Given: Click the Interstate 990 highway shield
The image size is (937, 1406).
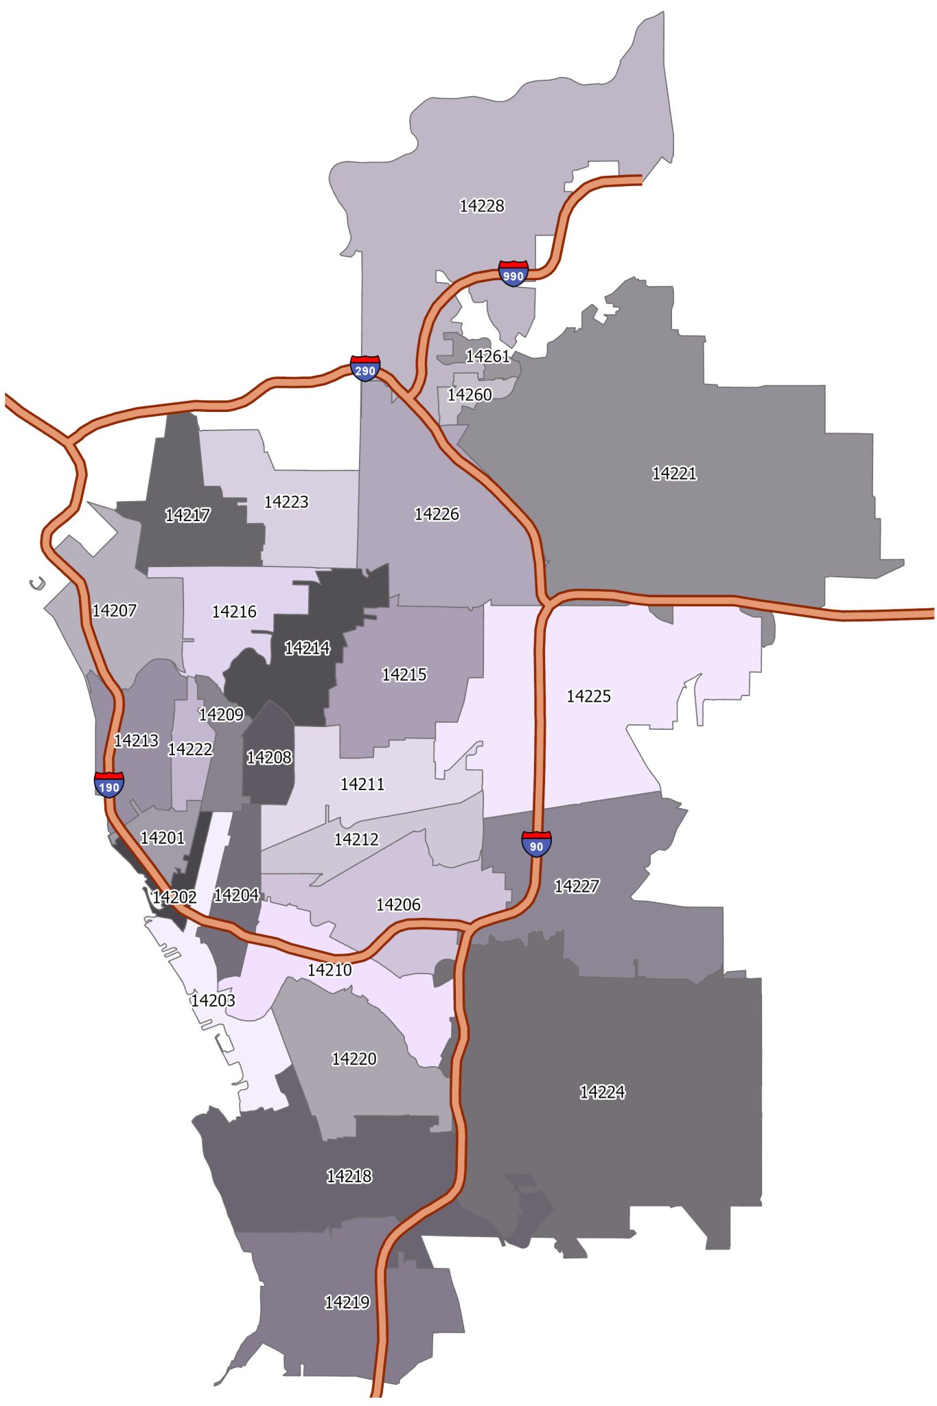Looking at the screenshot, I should coord(513,273).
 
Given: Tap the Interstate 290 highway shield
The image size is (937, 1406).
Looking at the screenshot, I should coord(365,368).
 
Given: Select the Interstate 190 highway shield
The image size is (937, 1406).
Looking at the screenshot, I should coord(109,784).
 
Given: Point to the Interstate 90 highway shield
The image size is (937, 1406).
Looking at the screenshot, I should coord(536,844).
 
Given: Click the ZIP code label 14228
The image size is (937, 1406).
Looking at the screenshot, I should coord(482,206).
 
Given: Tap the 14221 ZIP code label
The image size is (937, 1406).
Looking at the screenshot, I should coord(674,473).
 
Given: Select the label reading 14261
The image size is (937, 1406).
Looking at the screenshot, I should coord(488,356).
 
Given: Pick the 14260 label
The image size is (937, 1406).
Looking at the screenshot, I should coord(470,395).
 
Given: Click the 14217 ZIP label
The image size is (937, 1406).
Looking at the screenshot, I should coord(187,515).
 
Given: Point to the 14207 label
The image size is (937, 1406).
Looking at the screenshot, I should coord(115,610).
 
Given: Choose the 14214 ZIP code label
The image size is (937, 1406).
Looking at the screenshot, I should coord(307,647).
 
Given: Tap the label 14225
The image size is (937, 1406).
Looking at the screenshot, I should coord(588,696).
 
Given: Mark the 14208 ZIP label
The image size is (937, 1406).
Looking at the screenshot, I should coord(269,757).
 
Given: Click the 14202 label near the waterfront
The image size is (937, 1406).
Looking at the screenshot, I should coord(174,897).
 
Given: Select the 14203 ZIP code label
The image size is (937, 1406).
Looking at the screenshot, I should coord(213,1000).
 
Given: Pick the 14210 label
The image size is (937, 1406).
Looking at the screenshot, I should coord(329,970).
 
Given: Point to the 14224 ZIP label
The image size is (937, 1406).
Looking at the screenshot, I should coord(602,1092).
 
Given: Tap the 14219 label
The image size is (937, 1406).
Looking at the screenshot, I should coord(347,1302).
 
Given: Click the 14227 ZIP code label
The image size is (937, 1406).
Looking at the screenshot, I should coord(577,886).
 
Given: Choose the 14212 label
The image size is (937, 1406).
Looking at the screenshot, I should coord(356,839).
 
